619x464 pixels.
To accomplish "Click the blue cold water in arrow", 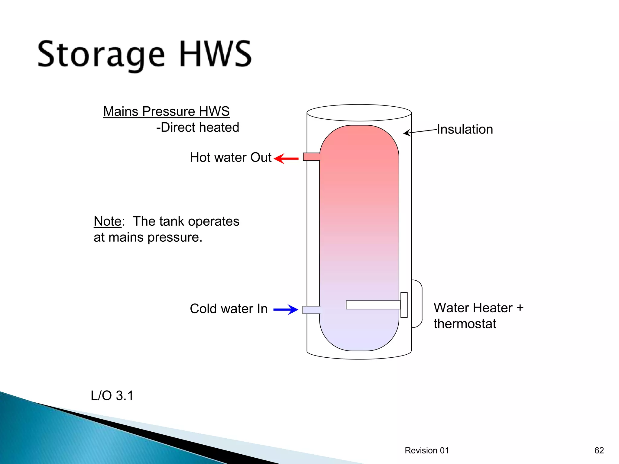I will click(x=286, y=310).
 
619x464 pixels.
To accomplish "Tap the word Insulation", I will click(x=465, y=129).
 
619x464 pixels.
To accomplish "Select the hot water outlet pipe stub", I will click(x=311, y=157).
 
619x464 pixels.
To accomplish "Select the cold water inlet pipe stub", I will click(x=311, y=310).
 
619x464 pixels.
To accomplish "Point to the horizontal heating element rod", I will click(x=373, y=305).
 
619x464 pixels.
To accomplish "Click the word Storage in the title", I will click(x=101, y=55).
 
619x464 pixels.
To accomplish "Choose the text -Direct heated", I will click(x=198, y=127).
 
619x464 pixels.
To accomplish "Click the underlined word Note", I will click(x=108, y=221).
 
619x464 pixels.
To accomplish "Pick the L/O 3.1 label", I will click(x=112, y=396).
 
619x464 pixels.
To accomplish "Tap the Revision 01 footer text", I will click(x=426, y=450).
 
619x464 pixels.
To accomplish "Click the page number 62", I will click(x=599, y=450).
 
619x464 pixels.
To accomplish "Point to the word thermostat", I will click(x=465, y=324).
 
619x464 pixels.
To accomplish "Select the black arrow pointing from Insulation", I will click(x=420, y=132).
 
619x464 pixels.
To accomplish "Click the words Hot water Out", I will click(x=231, y=158).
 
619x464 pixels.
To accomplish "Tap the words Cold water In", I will click(x=229, y=309).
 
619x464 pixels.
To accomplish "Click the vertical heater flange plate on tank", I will click(x=404, y=305).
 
